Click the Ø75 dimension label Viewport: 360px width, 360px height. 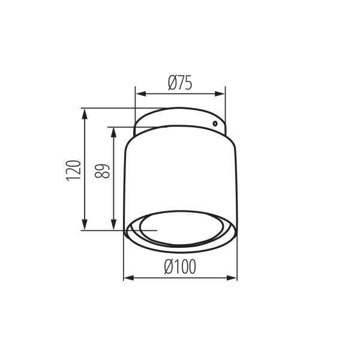pyautogui.click(x=180, y=83)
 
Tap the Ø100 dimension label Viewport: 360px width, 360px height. pyautogui.click(x=179, y=268)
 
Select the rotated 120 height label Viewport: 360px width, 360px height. pyautogui.click(x=73, y=170)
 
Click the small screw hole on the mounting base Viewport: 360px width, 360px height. pyautogui.click(x=214, y=123)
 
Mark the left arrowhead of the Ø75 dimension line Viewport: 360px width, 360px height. pyautogui.click(x=137, y=93)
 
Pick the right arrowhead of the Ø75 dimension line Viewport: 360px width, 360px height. pyautogui.click(x=221, y=93)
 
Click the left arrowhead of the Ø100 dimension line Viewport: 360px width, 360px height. pyautogui.click(x=127, y=278)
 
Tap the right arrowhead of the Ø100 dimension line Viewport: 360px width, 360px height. pyautogui.click(x=233, y=278)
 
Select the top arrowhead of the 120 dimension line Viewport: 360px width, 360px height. pyautogui.click(x=85, y=112)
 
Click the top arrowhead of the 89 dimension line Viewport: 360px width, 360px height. pyautogui.click(x=113, y=130)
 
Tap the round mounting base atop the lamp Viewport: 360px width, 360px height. pyautogui.click(x=180, y=118)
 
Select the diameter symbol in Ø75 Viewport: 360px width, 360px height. pyautogui.click(x=172, y=83)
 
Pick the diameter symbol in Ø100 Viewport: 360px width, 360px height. pyautogui.click(x=168, y=268)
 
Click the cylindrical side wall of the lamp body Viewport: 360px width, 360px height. pyautogui.click(x=180, y=174)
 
